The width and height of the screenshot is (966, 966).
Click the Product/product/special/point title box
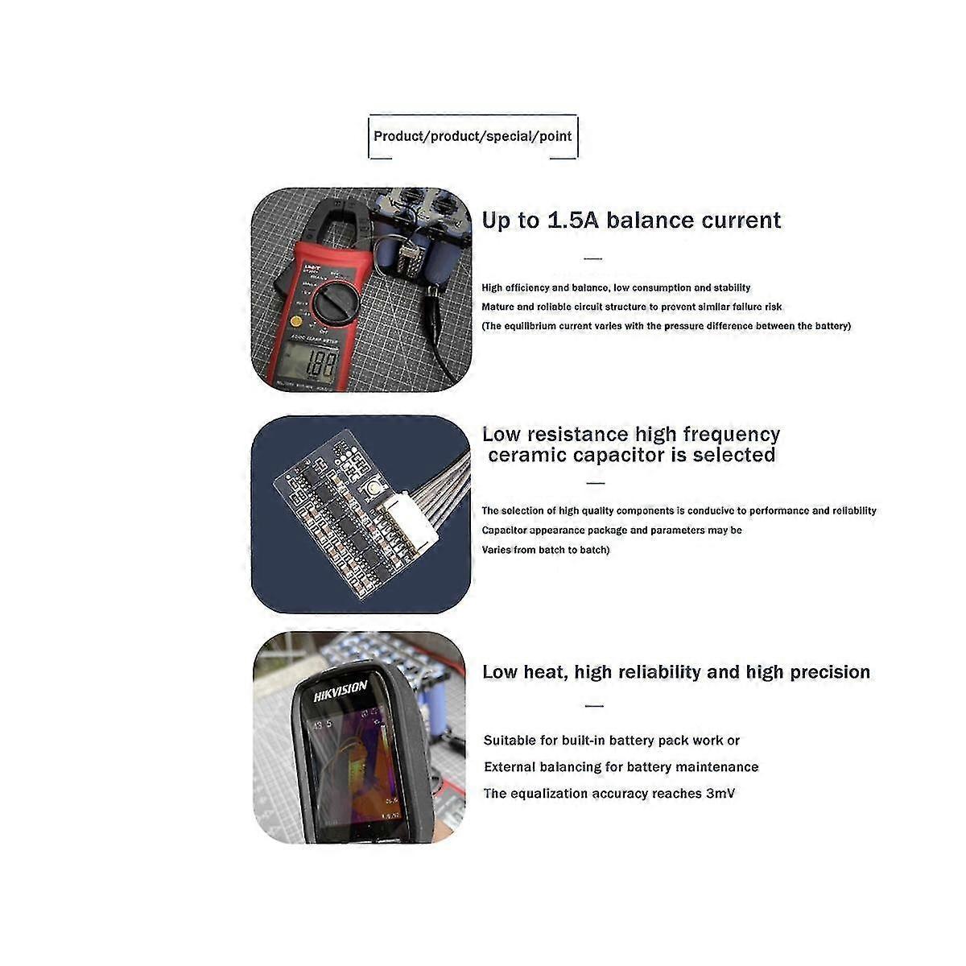point(473,136)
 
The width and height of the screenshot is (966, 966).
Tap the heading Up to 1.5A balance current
point(631,221)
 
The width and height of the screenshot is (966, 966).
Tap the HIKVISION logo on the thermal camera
point(340,691)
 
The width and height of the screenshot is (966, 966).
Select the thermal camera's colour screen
point(358,764)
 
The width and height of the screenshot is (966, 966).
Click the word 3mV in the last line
point(720,794)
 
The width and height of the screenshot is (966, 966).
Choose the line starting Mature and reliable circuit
point(631,307)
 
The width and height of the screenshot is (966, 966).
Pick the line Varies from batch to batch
point(545,550)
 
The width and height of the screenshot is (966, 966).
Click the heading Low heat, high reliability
point(675,672)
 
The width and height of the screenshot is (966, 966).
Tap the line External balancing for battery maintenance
point(621,767)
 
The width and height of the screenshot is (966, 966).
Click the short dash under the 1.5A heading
point(592,258)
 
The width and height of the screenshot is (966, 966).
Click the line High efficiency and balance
point(616,287)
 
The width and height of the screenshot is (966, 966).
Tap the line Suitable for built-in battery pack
point(611,741)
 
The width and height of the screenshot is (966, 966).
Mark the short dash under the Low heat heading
point(594,706)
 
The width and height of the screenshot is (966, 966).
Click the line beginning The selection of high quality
point(679,510)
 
